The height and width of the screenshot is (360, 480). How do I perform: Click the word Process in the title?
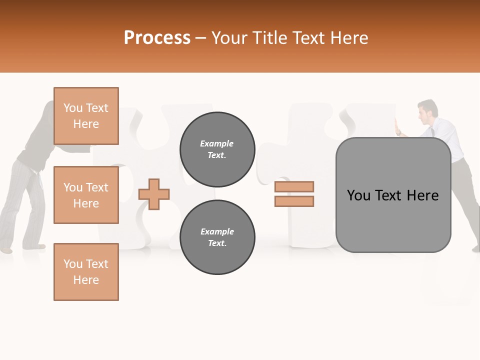(157, 38)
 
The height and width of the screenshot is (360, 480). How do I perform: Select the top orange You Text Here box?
(86, 116)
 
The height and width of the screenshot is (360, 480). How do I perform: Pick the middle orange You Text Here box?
(86, 195)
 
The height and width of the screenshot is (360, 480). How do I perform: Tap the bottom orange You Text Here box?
(86, 272)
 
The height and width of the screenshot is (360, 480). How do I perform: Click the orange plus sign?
(154, 194)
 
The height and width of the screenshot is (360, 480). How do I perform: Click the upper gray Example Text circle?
(217, 149)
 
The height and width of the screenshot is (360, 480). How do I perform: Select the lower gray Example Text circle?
(217, 237)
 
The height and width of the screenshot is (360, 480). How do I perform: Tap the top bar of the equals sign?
(294, 186)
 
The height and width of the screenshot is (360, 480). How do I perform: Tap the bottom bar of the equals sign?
(294, 201)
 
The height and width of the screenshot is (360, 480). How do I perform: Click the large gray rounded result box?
(393, 195)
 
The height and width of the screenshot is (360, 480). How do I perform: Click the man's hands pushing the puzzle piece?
(398, 128)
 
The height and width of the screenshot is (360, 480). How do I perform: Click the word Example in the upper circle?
(217, 143)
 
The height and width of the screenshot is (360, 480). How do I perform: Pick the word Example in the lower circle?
(217, 231)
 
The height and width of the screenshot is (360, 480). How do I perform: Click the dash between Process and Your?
(200, 38)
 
